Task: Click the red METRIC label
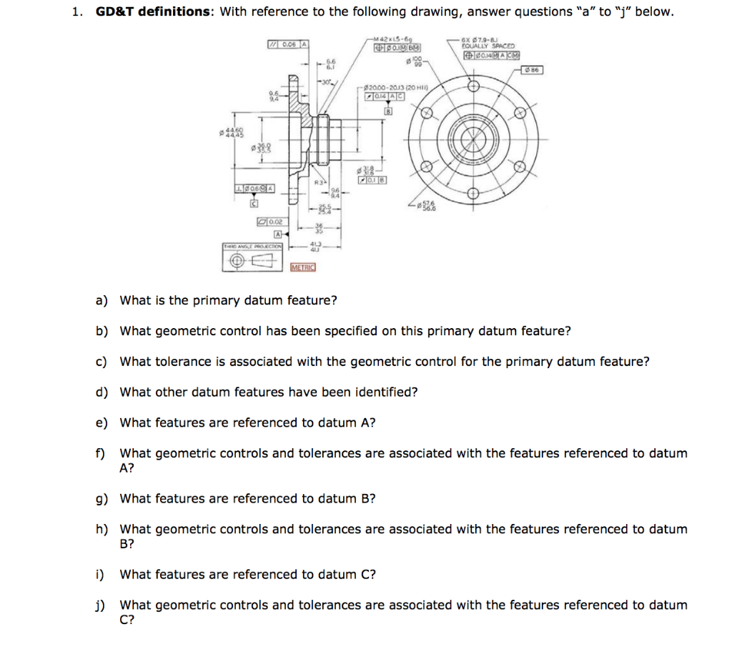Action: point(303,267)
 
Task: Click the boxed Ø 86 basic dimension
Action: point(533,69)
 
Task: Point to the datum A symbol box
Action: point(274,234)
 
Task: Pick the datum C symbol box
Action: point(252,203)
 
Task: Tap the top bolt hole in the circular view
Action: point(473,87)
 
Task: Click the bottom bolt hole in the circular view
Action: point(473,194)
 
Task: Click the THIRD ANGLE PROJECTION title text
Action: point(253,246)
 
